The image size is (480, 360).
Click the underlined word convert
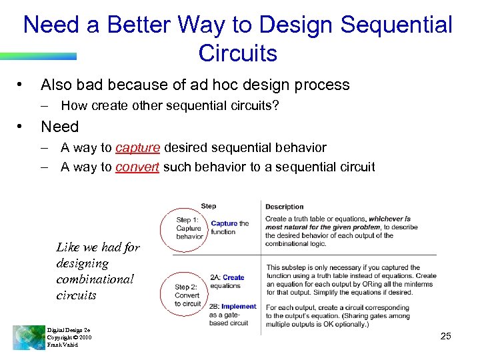pyautogui.click(x=137, y=167)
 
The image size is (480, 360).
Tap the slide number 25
pyautogui.click(x=446, y=336)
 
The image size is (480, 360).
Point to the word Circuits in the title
pyautogui.click(x=237, y=53)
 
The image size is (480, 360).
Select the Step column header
pyautogui.click(x=208, y=206)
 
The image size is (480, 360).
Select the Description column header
pyautogui.click(x=284, y=207)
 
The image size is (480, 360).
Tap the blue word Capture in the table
pyautogui.click(x=224, y=224)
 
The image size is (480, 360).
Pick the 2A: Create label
pyautogui.click(x=227, y=277)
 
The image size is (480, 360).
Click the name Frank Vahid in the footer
pyautogui.click(x=63, y=345)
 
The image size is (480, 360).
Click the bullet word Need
pyautogui.click(x=60, y=127)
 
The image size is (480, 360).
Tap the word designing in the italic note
pyautogui.click(x=82, y=263)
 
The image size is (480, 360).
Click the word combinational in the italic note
pyautogui.click(x=95, y=279)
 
